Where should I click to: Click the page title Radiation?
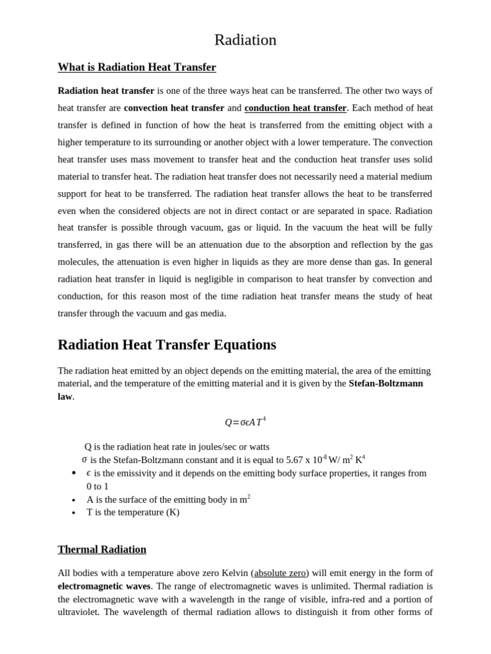[245, 40]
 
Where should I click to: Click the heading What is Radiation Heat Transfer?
[137, 67]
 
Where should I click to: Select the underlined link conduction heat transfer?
[295, 108]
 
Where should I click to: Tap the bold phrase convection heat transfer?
[174, 108]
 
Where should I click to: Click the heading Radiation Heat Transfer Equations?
[167, 345]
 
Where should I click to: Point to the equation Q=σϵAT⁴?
[245, 422]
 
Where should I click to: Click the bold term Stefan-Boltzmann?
[386, 383]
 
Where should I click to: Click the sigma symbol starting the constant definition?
[84, 459]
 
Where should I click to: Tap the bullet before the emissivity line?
[74, 473]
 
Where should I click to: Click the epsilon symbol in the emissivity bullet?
[88, 473]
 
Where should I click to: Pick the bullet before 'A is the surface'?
[74, 500]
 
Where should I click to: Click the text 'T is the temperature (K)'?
[133, 512]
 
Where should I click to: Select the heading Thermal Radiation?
[102, 549]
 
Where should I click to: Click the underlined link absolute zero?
[280, 573]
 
